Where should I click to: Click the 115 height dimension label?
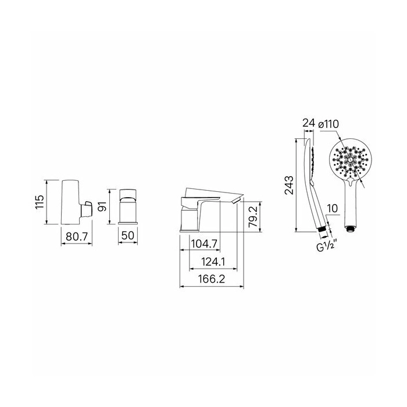click(40, 202)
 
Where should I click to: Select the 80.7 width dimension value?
click(77, 237)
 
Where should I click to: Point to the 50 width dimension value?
click(128, 235)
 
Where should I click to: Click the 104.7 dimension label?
click(204, 244)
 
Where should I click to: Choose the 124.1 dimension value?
click(213, 262)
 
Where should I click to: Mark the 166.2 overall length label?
click(212, 279)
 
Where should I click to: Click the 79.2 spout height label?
click(253, 217)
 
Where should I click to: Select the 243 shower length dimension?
click(289, 185)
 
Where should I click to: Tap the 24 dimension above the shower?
click(309, 123)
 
